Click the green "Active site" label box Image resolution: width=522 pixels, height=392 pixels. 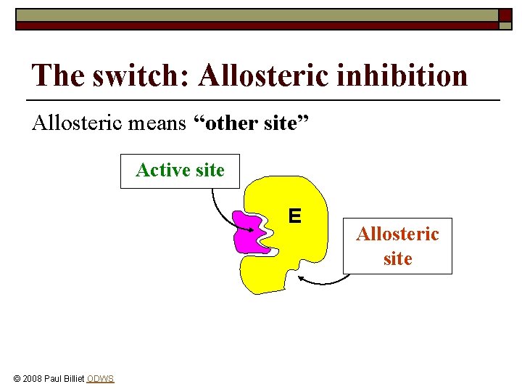[x=180, y=171]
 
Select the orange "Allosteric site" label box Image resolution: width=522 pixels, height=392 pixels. [x=397, y=246]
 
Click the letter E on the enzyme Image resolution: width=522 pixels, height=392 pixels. [x=294, y=216]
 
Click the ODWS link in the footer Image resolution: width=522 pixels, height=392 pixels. [x=100, y=379]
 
